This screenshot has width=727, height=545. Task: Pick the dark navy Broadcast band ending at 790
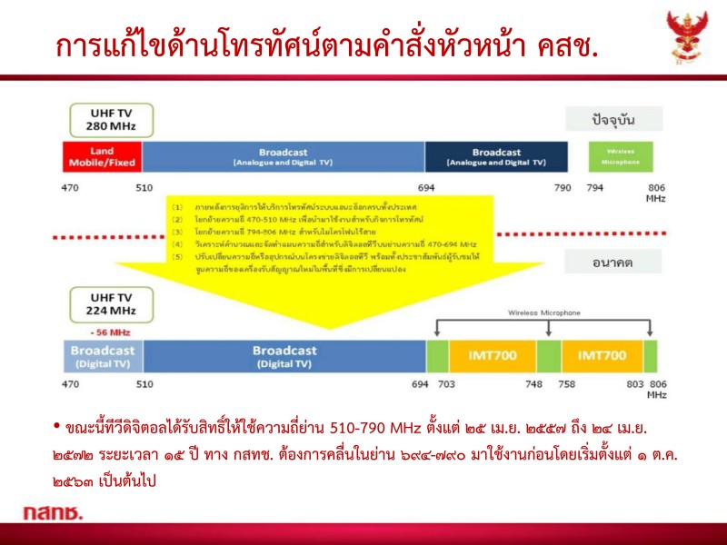(x=496, y=157)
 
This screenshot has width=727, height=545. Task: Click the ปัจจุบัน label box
(x=614, y=120)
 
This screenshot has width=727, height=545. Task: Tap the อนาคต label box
(x=614, y=263)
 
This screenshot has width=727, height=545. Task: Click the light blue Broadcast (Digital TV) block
(x=102, y=355)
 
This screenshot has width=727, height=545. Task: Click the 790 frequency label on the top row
(x=563, y=188)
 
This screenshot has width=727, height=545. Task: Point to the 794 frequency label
(x=595, y=188)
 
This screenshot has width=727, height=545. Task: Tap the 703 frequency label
(x=447, y=384)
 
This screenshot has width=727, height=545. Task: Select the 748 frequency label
(x=534, y=384)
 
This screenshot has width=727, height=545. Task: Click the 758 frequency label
(x=566, y=384)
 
